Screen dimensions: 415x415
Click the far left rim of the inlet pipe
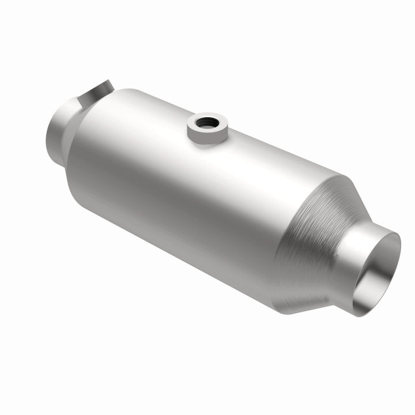[x=46, y=130]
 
